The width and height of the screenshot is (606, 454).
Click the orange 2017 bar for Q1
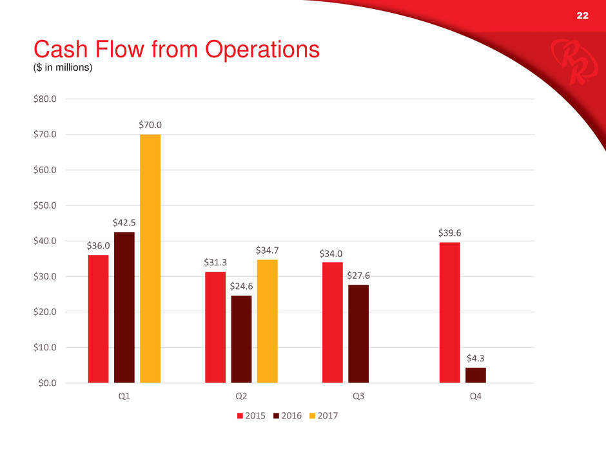tap(150, 258)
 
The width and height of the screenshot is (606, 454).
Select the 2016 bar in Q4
tap(476, 375)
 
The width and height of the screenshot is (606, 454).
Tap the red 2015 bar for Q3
tap(332, 322)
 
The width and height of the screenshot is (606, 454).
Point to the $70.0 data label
tap(150, 125)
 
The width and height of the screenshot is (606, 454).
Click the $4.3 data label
tap(476, 358)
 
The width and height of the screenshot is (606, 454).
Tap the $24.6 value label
tap(241, 285)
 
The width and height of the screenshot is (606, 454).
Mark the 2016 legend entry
tap(289, 415)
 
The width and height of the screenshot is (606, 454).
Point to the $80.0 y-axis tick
tap(44, 99)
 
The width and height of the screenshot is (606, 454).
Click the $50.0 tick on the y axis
tap(44, 205)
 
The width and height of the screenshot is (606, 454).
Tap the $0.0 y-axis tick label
tap(46, 383)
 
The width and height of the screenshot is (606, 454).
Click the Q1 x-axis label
tap(124, 396)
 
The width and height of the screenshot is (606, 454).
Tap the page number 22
tap(582, 15)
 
